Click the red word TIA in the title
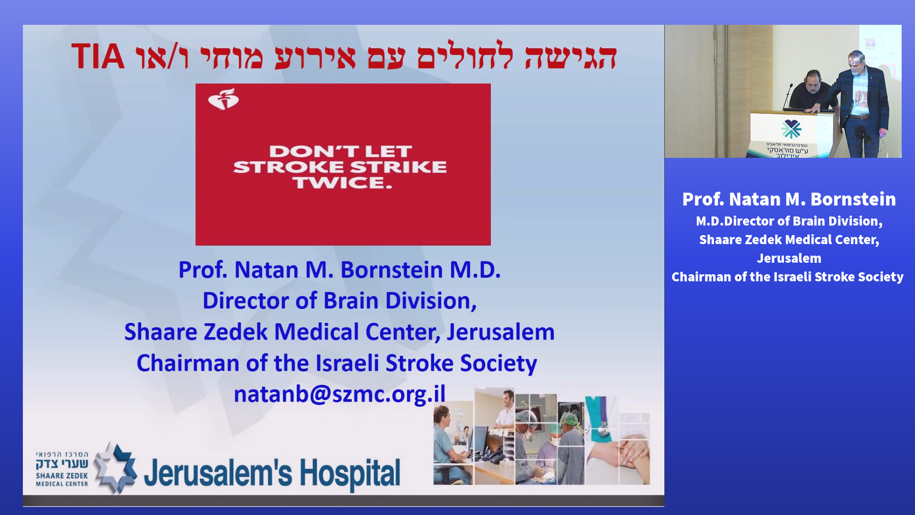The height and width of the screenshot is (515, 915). click(98, 56)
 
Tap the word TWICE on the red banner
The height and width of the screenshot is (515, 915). click(343, 183)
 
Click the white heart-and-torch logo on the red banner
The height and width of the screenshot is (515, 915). click(224, 99)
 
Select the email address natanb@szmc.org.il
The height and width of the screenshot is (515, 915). click(339, 394)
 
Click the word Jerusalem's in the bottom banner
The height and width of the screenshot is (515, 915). click(218, 473)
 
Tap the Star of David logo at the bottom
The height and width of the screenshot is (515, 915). click(115, 468)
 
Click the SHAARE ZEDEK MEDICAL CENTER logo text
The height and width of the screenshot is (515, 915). click(62, 479)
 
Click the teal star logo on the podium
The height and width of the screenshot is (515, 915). click(791, 129)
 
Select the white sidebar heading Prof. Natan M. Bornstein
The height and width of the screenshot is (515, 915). click(789, 199)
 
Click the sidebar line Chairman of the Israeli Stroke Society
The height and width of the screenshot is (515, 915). click(787, 277)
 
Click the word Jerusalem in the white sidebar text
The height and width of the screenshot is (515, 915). click(789, 258)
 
